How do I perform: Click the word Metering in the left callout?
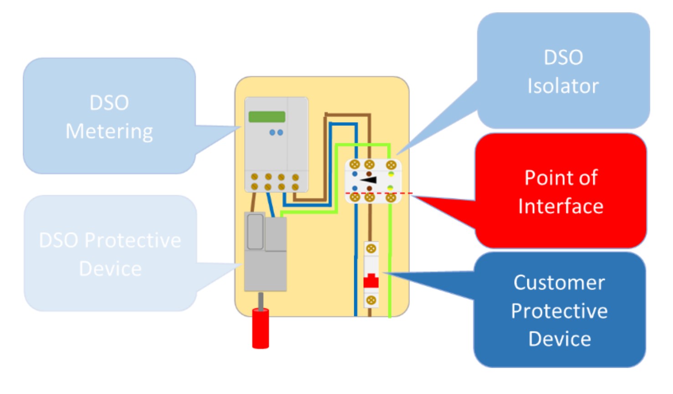pos(109,131)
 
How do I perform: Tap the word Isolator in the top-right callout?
pos(563,86)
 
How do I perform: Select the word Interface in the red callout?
pos(561,206)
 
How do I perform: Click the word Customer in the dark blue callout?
pos(559,283)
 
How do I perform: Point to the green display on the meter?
pos(267,117)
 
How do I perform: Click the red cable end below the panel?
pos(260,328)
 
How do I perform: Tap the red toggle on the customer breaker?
pos(371,280)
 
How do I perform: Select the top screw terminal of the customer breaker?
pos(371,249)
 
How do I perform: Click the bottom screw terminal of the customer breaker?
pos(371,300)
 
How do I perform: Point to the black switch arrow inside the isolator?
pos(369,180)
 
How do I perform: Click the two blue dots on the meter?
pos(276,133)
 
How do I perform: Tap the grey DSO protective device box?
pos(266,269)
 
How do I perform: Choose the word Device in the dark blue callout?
pos(560,339)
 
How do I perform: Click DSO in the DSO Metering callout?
pos(109,103)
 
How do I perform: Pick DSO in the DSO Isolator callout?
pos(563,57)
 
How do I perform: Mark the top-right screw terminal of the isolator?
pos(391,165)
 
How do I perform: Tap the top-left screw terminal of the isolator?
pos(355,164)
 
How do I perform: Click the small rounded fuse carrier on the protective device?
pos(255,232)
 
